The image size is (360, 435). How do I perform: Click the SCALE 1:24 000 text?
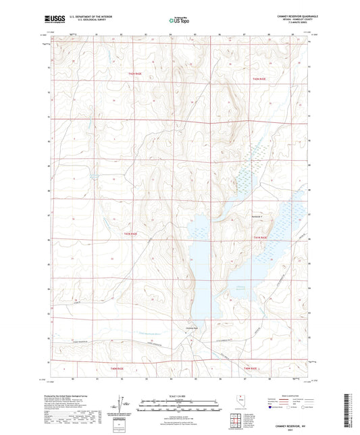[x=180, y=395]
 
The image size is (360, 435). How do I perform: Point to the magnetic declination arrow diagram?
[x=122, y=407]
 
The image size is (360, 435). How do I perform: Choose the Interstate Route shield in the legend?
[x=272, y=407]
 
